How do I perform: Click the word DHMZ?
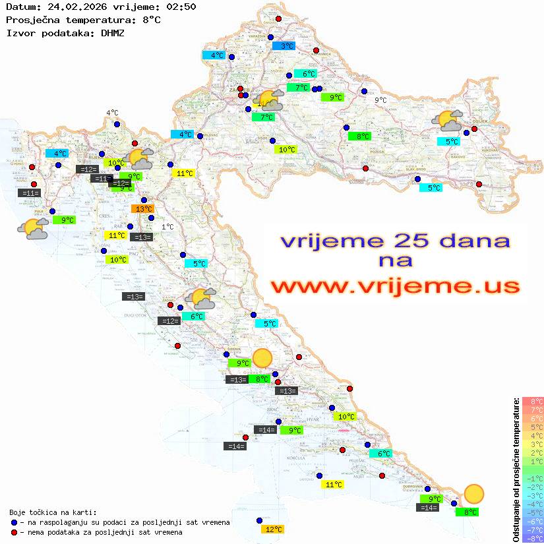[112, 32]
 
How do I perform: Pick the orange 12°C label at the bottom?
[273, 529]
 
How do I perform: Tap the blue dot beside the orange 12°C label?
[260, 520]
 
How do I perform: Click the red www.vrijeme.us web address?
[394, 286]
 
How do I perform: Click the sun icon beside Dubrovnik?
[473, 493]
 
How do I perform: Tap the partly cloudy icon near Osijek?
[447, 121]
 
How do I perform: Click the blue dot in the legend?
[14, 522]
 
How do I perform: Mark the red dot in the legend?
[14, 532]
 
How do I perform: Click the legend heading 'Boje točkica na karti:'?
[53, 512]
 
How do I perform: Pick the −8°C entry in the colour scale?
[532, 538]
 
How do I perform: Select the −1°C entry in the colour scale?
[532, 478]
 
